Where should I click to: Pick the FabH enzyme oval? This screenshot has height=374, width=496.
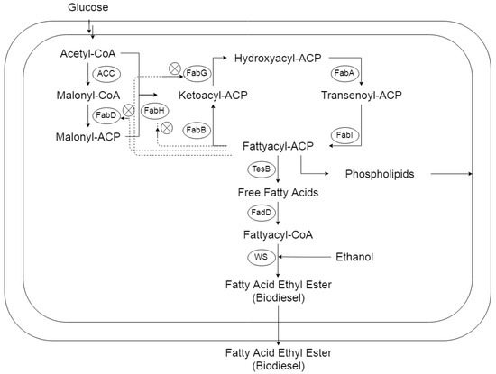pyautogui.click(x=154, y=111)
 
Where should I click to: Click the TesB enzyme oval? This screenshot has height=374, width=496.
pyautogui.click(x=262, y=169)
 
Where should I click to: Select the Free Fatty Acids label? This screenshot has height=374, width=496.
pyautogui.click(x=277, y=191)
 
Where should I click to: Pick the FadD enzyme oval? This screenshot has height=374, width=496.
pyautogui.click(x=262, y=213)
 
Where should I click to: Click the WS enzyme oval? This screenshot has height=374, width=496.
pyautogui.click(x=262, y=257)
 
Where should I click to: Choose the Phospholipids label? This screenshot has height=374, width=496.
pyautogui.click(x=377, y=174)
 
